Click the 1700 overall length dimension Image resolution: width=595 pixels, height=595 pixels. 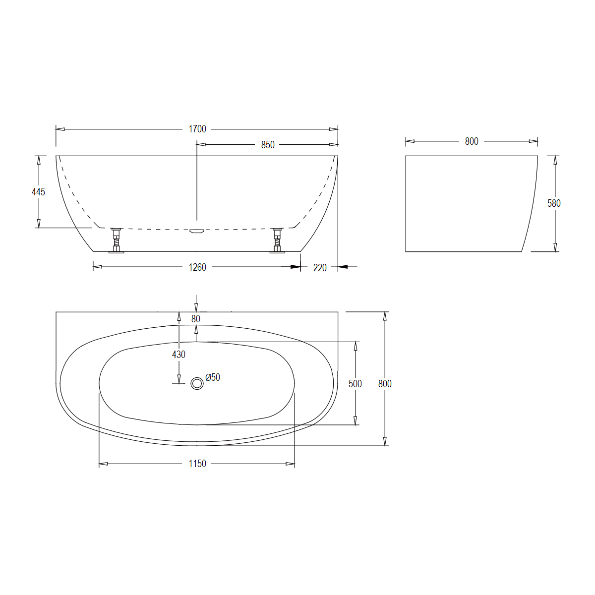[197, 129]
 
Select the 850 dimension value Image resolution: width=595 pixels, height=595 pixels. [268, 145]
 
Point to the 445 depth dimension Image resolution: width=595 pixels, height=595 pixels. [38, 192]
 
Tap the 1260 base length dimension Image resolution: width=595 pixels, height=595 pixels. [197, 267]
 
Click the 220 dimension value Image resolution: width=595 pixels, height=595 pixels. [320, 268]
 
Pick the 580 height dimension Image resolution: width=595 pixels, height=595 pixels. [554, 203]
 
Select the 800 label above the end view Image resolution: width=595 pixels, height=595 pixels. [472, 141]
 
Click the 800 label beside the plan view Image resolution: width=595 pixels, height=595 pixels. [385, 384]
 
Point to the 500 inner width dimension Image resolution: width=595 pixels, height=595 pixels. [355, 384]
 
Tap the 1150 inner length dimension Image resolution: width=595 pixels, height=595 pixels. [197, 464]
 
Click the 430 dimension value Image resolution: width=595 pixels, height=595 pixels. [178, 355]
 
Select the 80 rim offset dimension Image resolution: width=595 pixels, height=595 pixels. [196, 319]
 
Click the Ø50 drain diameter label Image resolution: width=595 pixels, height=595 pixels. [213, 377]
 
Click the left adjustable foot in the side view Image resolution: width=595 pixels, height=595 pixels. [117, 240]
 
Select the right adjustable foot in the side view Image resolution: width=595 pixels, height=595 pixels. [278, 240]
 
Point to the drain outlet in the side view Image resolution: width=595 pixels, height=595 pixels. [197, 231]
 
